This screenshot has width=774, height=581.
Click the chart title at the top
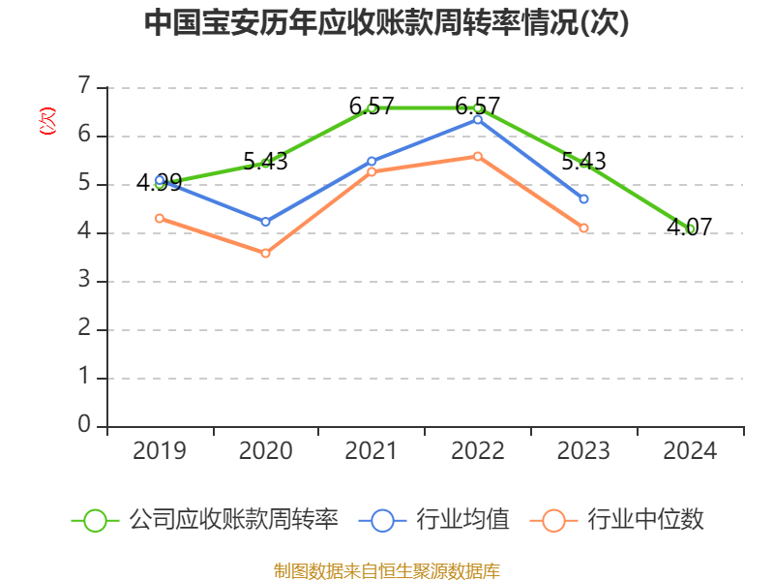(x=387, y=23)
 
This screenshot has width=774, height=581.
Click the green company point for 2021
(x=372, y=107)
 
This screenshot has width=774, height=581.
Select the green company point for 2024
(x=691, y=229)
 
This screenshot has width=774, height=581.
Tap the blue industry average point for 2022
(x=478, y=119)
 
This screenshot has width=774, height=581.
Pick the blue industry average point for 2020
(x=266, y=222)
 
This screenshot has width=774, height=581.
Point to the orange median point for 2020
(x=266, y=253)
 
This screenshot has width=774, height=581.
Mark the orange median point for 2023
(x=584, y=228)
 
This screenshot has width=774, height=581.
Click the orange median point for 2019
(x=160, y=218)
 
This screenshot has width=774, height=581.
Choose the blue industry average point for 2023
(x=584, y=199)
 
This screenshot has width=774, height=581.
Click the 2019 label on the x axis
(x=160, y=451)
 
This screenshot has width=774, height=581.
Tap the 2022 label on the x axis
(x=478, y=451)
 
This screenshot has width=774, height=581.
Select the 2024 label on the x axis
(x=691, y=451)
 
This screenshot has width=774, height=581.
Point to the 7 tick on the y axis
(x=84, y=86)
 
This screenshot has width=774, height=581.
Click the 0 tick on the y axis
(x=84, y=425)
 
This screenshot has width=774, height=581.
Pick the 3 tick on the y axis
(x=84, y=280)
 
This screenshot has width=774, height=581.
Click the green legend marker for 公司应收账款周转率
(x=95, y=520)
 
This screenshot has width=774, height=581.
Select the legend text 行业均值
(x=462, y=520)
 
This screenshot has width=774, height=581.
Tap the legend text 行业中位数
(x=646, y=520)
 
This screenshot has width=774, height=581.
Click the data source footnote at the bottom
(x=387, y=570)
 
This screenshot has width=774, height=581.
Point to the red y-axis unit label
(x=46, y=122)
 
